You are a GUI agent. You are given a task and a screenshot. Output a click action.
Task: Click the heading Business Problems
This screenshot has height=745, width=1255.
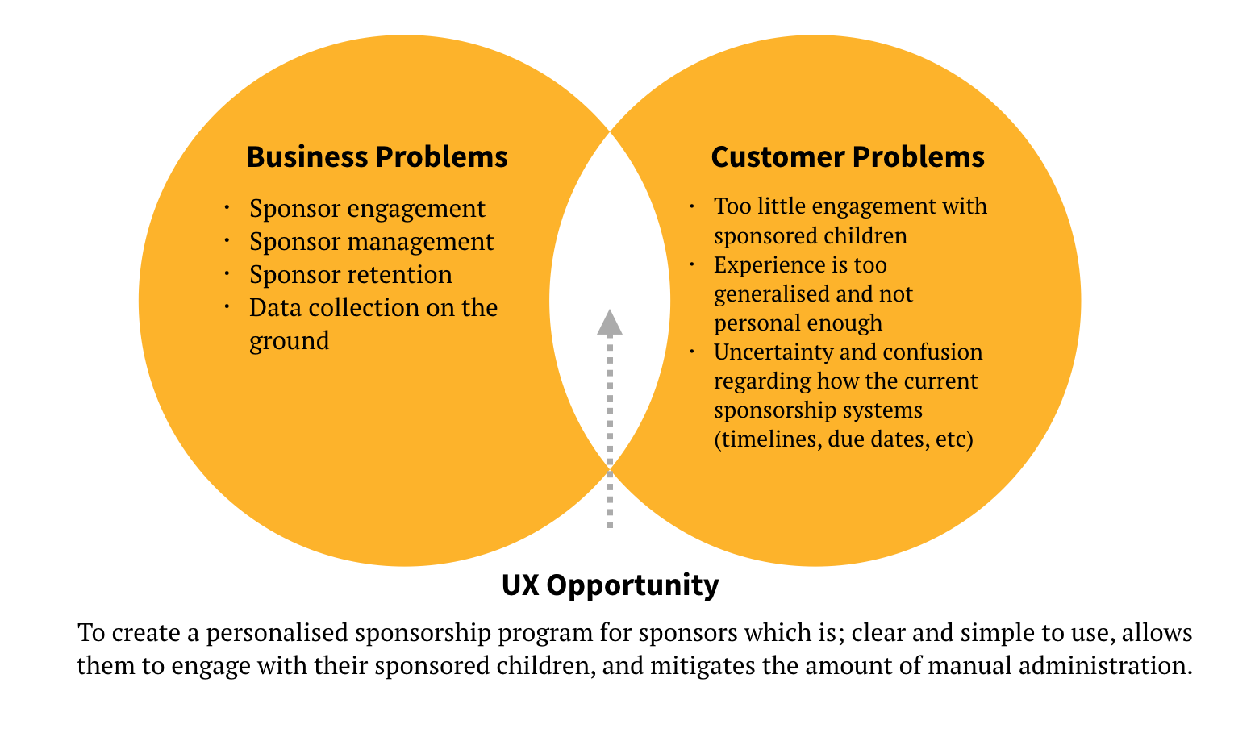tap(377, 156)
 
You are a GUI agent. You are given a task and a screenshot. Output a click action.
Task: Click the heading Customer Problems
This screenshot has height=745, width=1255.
tap(847, 156)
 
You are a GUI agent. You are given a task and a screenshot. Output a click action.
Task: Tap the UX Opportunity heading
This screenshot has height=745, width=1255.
tap(610, 585)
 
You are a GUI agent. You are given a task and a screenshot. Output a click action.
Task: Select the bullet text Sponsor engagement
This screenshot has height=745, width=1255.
tap(367, 209)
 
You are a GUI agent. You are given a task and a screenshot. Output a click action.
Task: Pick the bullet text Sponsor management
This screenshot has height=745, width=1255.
tap(371, 242)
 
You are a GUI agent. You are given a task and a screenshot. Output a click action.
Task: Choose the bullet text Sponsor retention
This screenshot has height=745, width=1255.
tap(350, 275)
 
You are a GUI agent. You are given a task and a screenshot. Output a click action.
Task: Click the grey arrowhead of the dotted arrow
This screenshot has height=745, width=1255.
tap(610, 323)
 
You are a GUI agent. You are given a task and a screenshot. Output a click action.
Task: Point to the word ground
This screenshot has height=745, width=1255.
tap(289, 341)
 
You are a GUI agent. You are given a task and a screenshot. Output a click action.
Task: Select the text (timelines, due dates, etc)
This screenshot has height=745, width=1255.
tap(844, 439)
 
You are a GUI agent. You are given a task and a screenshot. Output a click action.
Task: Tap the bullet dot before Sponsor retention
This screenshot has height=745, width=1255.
tap(227, 275)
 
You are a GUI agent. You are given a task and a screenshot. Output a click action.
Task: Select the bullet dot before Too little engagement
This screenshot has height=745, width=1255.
tap(692, 206)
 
